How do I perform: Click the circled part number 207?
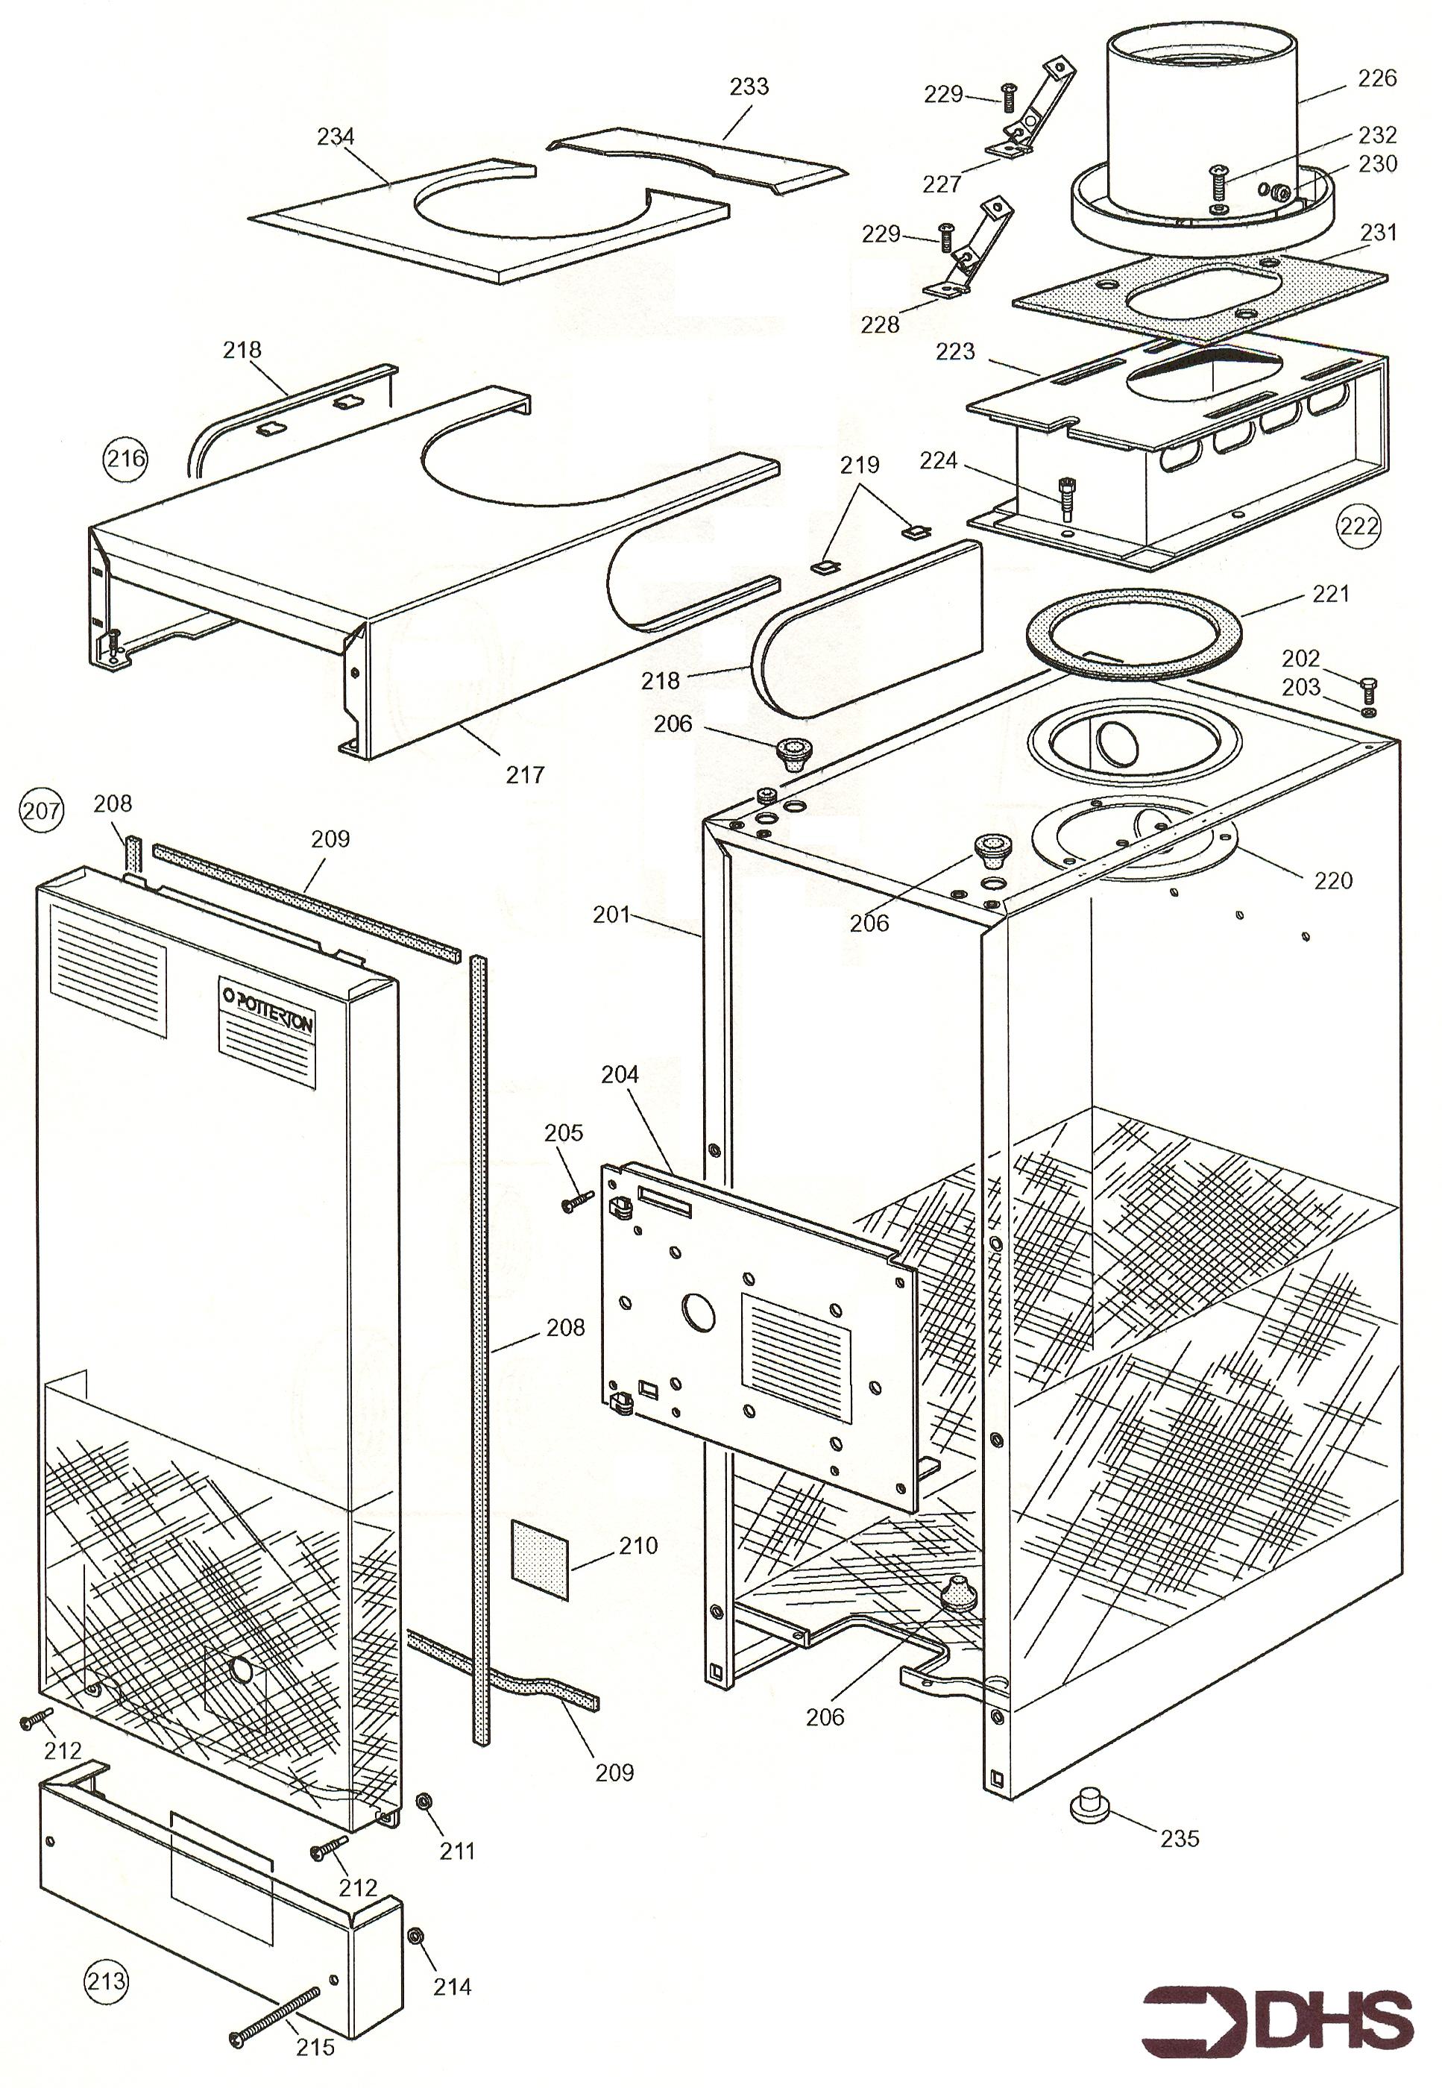42,810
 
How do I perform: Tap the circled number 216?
125,458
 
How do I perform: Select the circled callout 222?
1360,525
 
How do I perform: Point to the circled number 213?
106,1981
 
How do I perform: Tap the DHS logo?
1276,2020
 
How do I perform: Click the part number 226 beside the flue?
1377,78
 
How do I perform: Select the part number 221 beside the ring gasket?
1330,594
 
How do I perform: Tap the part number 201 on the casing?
611,915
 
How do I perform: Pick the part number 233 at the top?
749,87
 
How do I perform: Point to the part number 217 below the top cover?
525,774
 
